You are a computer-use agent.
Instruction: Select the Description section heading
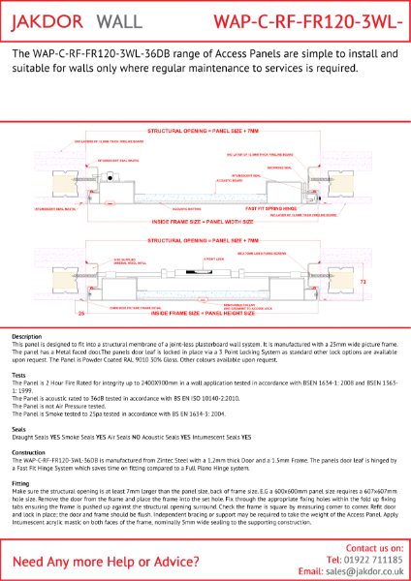point(27,335)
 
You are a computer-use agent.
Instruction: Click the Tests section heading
point(18,374)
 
